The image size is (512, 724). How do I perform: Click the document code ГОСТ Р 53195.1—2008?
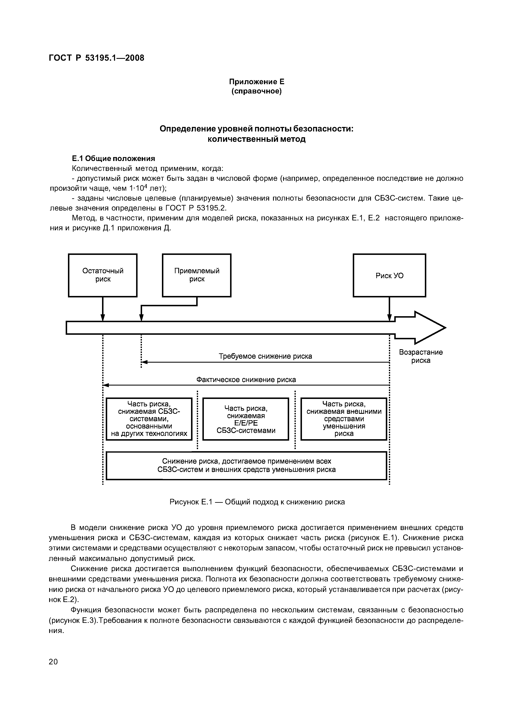(x=96, y=58)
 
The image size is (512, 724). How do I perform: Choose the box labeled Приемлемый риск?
(x=197, y=275)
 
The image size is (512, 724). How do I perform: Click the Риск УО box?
(x=389, y=276)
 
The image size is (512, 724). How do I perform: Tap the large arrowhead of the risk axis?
(x=429, y=328)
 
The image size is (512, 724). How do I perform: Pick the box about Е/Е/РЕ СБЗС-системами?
(x=246, y=419)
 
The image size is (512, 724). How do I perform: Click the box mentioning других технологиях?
(x=149, y=419)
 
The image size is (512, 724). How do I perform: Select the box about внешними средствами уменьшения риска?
(x=343, y=419)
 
